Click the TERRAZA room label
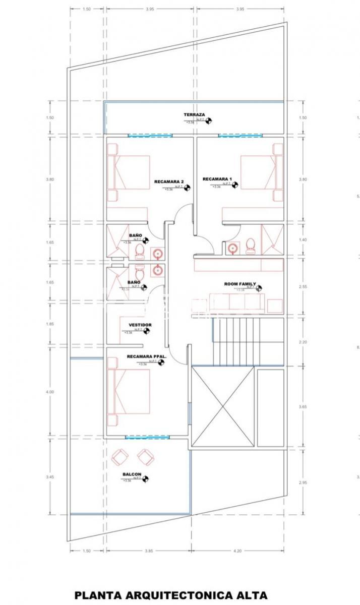click(194, 115)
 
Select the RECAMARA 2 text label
click(168, 181)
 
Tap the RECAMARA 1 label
click(217, 179)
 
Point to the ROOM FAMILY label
click(240, 284)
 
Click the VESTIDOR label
click(140, 325)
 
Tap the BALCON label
click(131, 474)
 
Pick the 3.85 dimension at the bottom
click(148, 551)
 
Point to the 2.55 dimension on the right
click(303, 286)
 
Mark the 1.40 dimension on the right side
click(303, 240)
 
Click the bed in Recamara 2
click(129, 172)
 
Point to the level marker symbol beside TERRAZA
click(209, 120)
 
